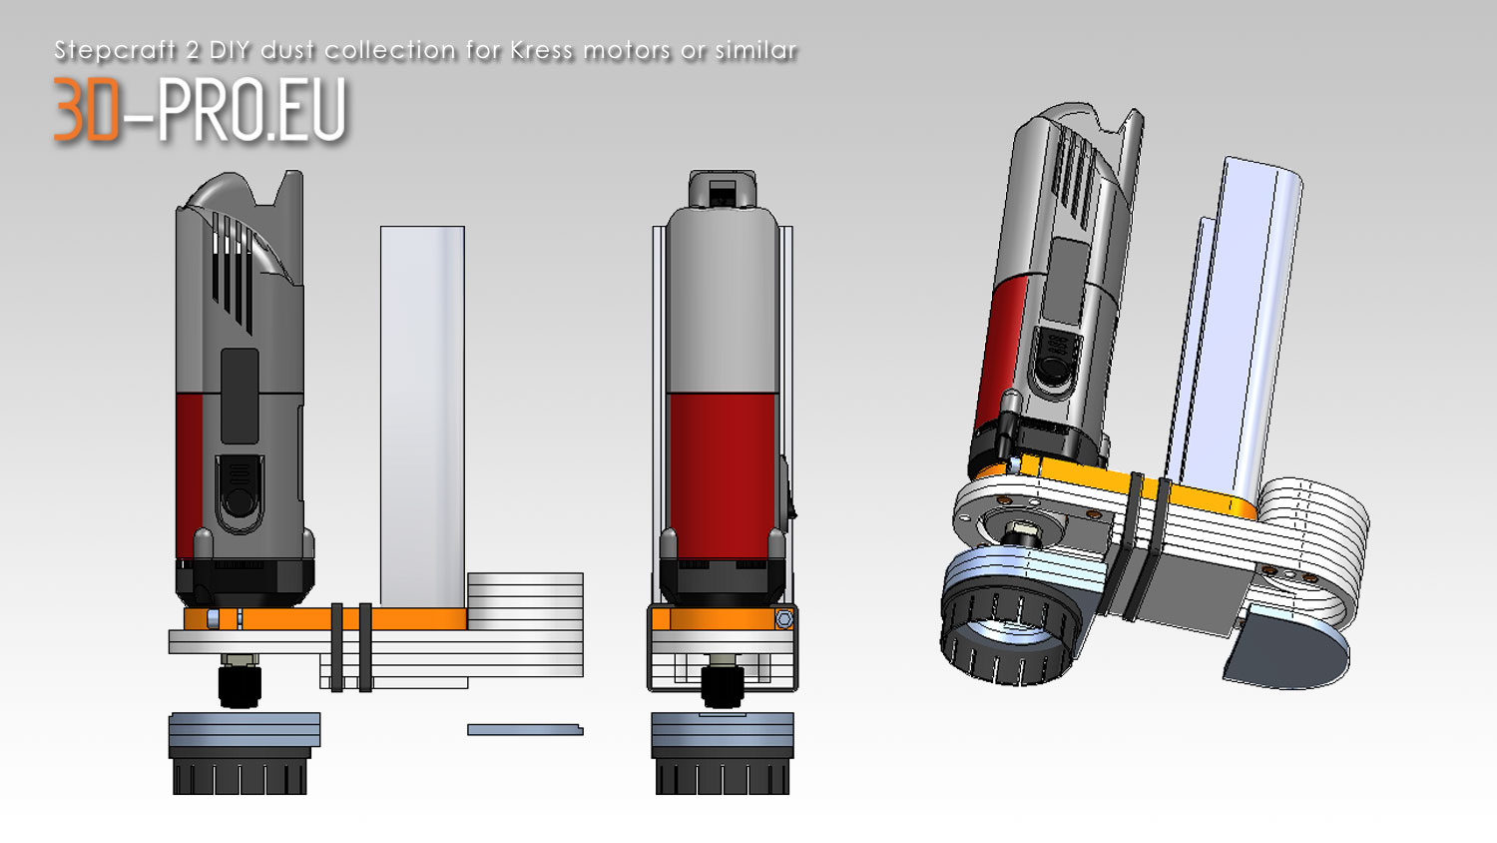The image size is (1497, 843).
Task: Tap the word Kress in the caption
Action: [x=541, y=50]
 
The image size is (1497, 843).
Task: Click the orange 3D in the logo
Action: [x=86, y=109]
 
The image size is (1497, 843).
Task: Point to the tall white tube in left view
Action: [x=422, y=417]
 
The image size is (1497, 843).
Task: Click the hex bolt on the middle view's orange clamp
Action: [x=783, y=619]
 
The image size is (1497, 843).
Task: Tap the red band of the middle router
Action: [x=723, y=476]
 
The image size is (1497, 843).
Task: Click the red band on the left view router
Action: [x=190, y=476]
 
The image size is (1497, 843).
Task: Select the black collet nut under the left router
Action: [x=240, y=685]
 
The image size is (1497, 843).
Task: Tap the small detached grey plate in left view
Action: [x=525, y=729]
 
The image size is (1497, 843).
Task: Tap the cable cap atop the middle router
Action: [x=723, y=188]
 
